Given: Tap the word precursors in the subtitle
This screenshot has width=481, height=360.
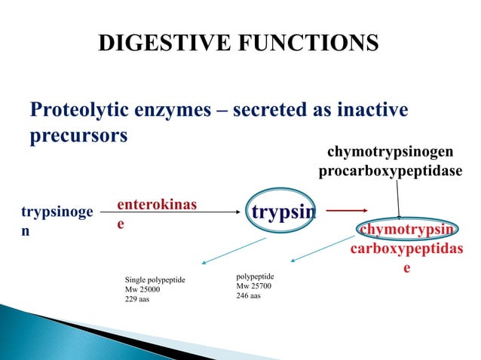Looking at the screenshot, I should coord(78,139).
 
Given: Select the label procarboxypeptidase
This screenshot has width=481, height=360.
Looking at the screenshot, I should coord(390,172).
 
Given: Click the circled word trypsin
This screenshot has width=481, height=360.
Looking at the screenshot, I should coord(283,213).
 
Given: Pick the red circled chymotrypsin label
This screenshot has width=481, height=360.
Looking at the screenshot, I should coord(406,229).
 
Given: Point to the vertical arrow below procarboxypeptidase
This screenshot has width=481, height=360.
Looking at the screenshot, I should coord(398,198).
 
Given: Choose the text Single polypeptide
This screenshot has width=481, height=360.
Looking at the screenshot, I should coord(155,280).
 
